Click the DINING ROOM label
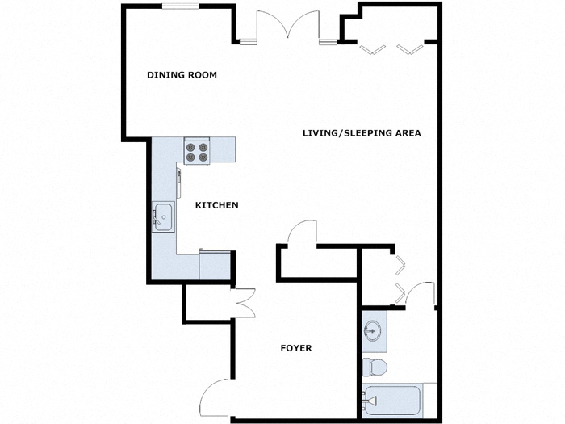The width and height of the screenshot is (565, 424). (x=182, y=75)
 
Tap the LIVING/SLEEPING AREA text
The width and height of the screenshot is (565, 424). (x=362, y=133)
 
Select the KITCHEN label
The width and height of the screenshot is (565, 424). (x=217, y=205)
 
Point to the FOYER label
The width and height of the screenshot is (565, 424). (x=295, y=348)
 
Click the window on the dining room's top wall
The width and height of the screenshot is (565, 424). (x=182, y=6)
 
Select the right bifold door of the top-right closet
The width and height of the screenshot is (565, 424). (x=410, y=48)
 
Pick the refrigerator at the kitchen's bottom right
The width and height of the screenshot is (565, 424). (x=216, y=264)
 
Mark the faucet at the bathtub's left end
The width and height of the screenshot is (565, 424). (x=368, y=398)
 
